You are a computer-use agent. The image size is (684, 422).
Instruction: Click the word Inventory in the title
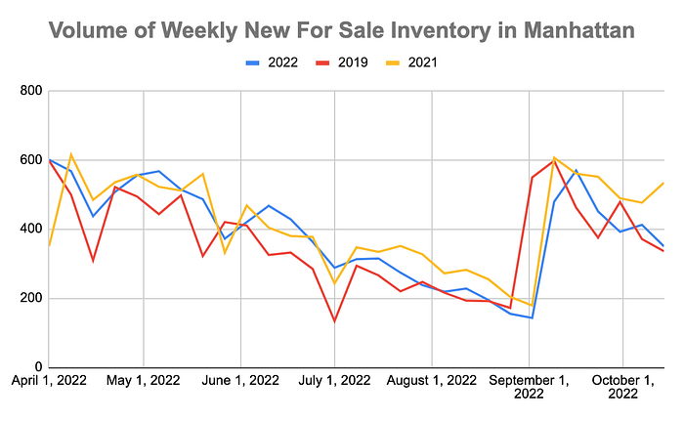tap(421, 30)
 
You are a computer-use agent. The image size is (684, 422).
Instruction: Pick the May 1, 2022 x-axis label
tap(143, 380)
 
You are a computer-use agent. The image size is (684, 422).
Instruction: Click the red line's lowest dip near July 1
tap(335, 320)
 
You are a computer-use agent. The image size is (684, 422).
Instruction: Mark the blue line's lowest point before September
tap(532, 317)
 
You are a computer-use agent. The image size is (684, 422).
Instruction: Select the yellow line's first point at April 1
tap(48, 245)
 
